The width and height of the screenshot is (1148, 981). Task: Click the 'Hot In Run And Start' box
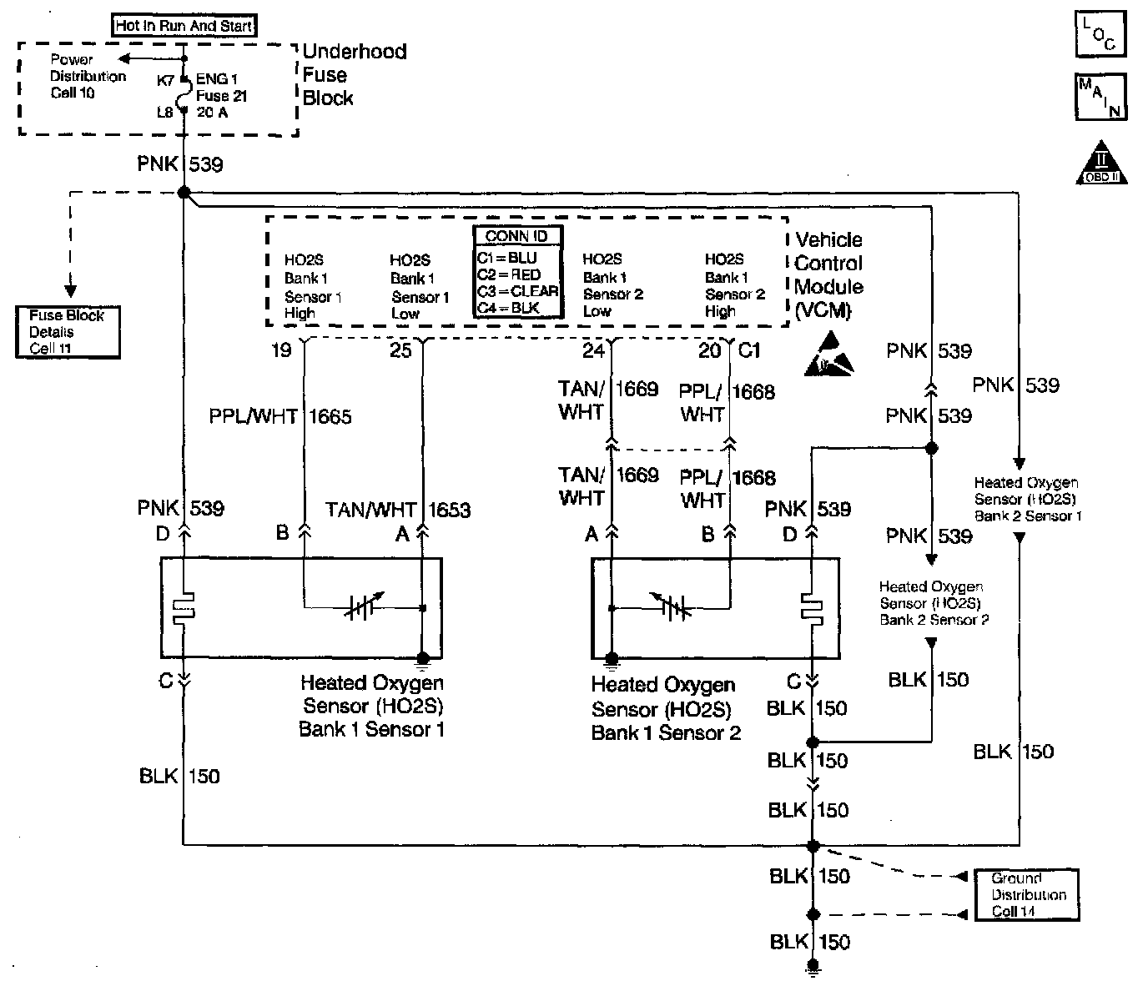click(184, 26)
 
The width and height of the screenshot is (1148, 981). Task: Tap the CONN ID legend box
click(516, 272)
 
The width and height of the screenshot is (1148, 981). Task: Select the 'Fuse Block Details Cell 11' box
click(68, 332)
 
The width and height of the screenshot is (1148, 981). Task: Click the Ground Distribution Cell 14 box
click(1027, 895)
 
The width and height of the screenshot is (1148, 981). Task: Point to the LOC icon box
click(1100, 35)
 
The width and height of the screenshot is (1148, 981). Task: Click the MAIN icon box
click(1100, 97)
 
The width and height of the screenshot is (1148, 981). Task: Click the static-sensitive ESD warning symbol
click(829, 355)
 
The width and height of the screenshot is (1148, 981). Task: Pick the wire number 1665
click(330, 416)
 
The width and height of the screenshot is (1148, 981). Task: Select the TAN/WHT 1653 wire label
click(397, 510)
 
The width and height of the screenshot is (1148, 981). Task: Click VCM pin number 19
click(281, 350)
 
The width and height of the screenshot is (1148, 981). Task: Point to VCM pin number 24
click(593, 350)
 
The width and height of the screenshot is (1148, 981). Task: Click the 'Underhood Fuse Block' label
click(354, 74)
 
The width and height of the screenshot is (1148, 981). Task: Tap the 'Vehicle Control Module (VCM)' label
click(828, 275)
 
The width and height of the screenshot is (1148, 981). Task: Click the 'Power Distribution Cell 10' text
click(87, 76)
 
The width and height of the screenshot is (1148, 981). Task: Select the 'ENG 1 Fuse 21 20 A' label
click(221, 96)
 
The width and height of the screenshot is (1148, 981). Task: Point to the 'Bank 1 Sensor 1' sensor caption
click(371, 707)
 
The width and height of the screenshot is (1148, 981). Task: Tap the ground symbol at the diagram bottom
click(812, 968)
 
